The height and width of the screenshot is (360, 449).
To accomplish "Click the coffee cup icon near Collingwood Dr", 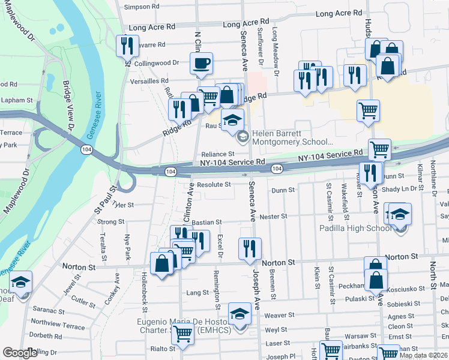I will pos(202,62).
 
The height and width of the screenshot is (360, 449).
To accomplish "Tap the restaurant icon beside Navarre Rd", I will pos(126,46).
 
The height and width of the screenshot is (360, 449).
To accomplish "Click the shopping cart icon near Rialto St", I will pos(182,334).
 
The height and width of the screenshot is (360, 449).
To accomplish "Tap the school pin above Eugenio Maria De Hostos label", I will pos(240,314).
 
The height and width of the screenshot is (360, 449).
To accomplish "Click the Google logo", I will pos(20,353).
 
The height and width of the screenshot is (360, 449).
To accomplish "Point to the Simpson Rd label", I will pos(142,7).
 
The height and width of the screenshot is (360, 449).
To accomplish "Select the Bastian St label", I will pos(207,223).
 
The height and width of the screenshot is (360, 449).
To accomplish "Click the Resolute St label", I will pos(214,184).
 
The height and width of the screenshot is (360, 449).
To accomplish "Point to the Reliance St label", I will pos(217,154).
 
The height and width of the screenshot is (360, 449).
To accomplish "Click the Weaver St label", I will pos(280,315).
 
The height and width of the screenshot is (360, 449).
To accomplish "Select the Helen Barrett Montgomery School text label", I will pos(292,138).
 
